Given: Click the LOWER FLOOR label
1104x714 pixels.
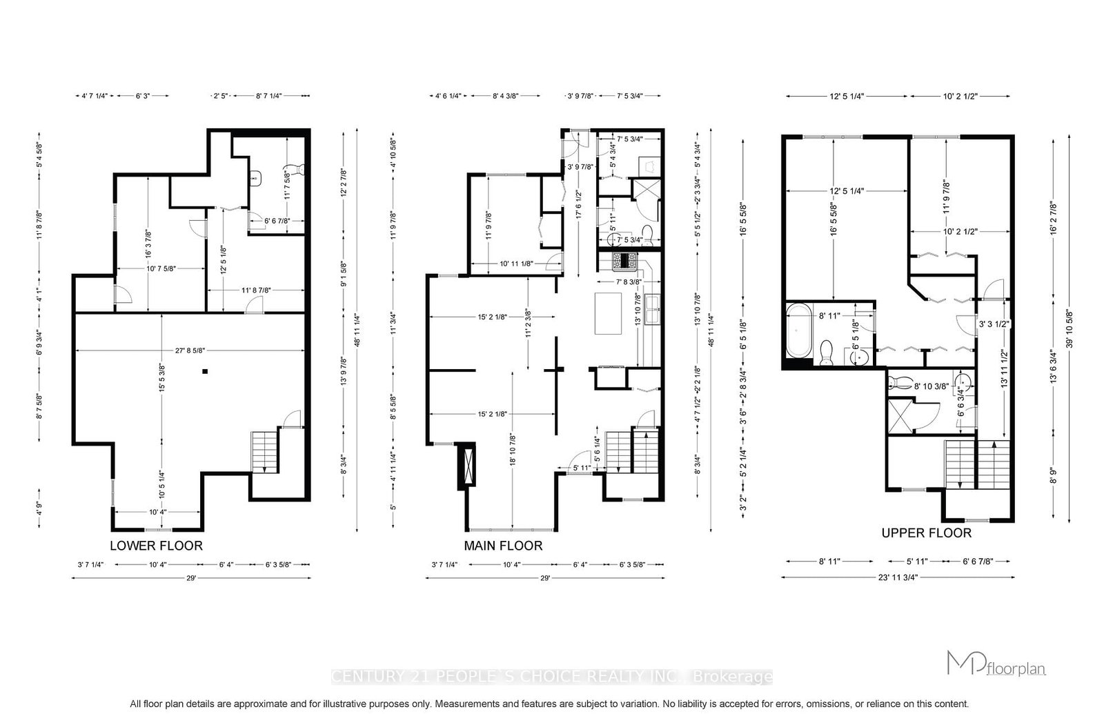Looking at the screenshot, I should [156, 546].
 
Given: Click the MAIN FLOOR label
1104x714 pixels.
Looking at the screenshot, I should [502, 546].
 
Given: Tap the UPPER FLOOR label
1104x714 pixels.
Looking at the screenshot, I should [926, 533].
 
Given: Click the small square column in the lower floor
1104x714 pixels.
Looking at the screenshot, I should [205, 372].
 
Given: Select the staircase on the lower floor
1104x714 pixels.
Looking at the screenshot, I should [265, 452].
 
